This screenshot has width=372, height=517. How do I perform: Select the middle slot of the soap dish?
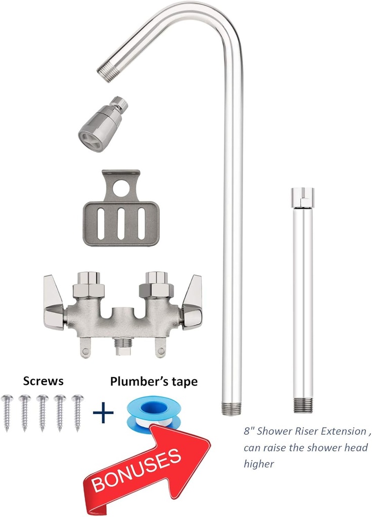pyautogui.click(x=121, y=223)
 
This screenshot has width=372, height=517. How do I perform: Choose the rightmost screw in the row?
pyautogui.click(x=77, y=412)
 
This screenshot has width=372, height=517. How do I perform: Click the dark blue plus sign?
pyautogui.click(x=103, y=414)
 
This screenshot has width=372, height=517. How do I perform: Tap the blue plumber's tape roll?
pyautogui.click(x=152, y=411)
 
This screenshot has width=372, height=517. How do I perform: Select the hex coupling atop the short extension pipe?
pyautogui.click(x=302, y=196)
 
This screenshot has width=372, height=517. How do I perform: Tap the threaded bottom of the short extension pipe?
pyautogui.click(x=302, y=405)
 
